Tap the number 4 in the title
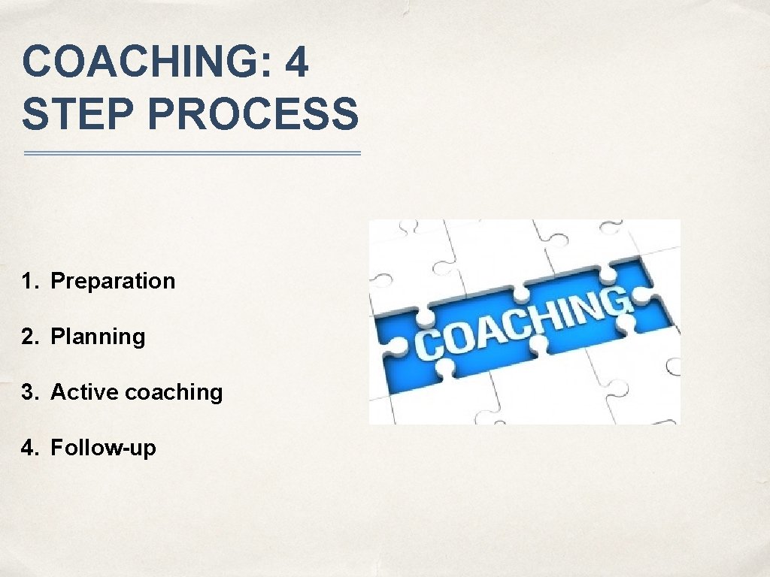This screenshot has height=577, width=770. pyautogui.click(x=297, y=62)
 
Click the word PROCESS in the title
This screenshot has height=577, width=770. pyautogui.click(x=248, y=114)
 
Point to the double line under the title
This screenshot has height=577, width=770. pyautogui.click(x=192, y=153)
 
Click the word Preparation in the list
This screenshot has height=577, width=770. pyautogui.click(x=113, y=282)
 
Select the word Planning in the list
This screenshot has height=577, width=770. pyautogui.click(x=98, y=337)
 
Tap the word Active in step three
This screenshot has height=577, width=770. pyautogui.click(x=84, y=392)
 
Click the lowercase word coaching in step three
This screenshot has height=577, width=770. pyautogui.click(x=174, y=393)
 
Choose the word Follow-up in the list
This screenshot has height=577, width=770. pyautogui.click(x=103, y=449)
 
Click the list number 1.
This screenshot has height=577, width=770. pyautogui.click(x=29, y=282)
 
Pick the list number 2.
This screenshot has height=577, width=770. pyautogui.click(x=29, y=337)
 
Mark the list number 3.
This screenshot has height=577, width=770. pyautogui.click(x=29, y=392)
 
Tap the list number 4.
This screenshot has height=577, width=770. pyautogui.click(x=29, y=449)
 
